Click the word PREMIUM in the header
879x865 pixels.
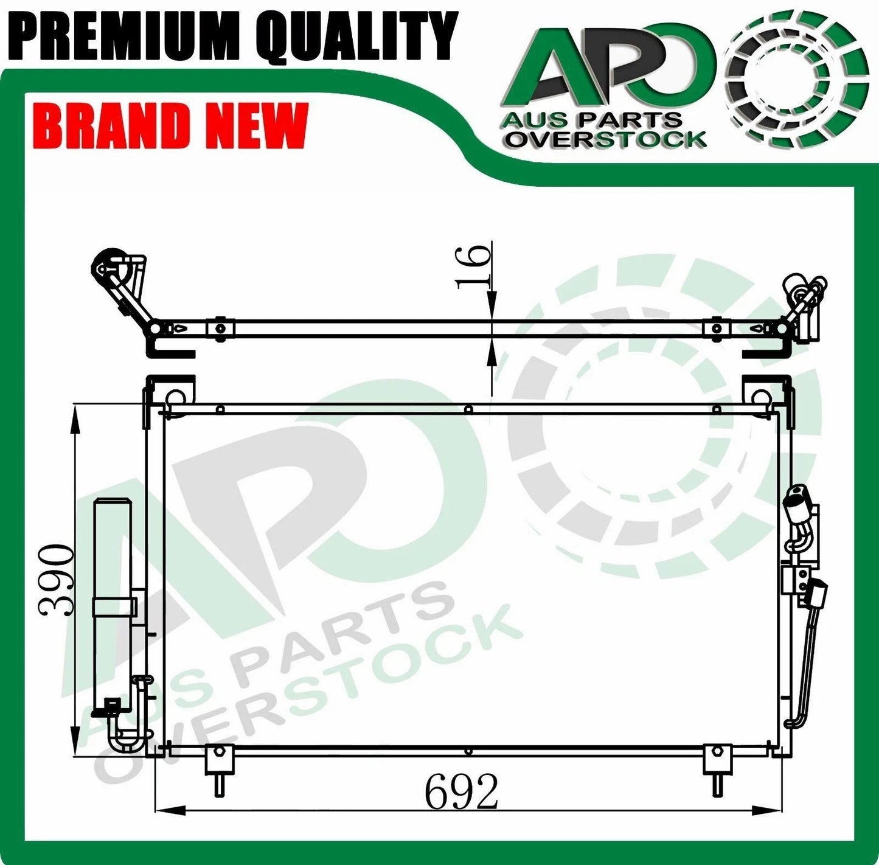pyautogui.click(x=129, y=36)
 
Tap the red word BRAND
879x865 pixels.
pyautogui.click(x=110, y=125)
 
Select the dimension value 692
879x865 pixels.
pyautogui.click(x=460, y=791)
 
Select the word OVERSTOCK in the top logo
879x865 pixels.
pyautogui.click(x=606, y=140)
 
